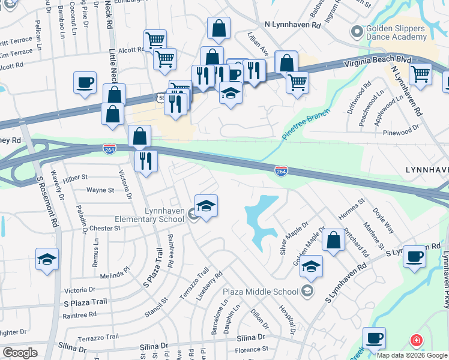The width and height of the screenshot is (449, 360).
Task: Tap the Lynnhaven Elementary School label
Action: point(156,215)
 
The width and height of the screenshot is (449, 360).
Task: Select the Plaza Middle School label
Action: point(261,292)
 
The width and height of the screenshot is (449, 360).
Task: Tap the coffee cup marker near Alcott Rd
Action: point(85,82)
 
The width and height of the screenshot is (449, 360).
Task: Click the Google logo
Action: point(19,353)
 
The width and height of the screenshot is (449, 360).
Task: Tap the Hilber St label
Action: point(76,178)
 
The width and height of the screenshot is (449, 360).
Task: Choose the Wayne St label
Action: point(100,190)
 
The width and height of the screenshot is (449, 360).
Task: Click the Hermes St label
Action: point(352,213)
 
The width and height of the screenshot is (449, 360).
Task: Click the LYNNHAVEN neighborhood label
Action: point(427,170)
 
